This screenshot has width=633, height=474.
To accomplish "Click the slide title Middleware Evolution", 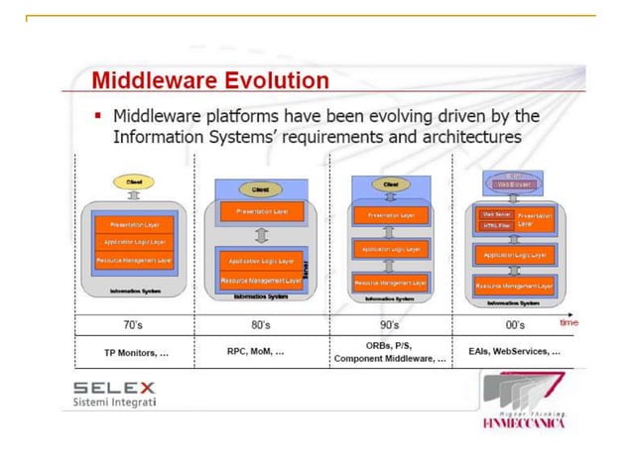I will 209,79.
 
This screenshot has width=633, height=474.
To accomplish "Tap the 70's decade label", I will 133,324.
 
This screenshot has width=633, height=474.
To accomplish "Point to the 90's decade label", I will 390,324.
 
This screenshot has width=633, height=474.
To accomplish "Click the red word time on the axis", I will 569,322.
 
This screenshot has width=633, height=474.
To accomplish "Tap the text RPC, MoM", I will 256,351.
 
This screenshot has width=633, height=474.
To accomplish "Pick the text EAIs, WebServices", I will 515,352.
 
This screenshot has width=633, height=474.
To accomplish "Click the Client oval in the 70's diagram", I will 132,182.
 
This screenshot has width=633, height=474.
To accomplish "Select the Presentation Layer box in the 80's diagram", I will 260,211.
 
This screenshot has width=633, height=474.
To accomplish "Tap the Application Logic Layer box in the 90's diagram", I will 391,249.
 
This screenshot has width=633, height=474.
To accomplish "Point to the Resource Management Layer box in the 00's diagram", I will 513,284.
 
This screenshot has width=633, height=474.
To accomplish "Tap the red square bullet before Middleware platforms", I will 99,118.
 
